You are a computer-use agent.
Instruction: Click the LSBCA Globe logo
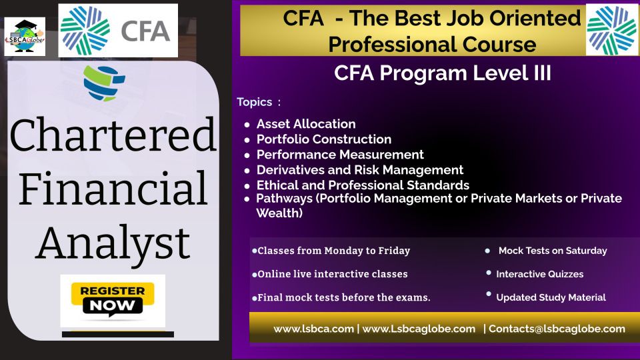(x=25, y=36)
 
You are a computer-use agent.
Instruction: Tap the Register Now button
(x=113, y=300)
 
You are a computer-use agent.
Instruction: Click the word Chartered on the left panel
(x=113, y=135)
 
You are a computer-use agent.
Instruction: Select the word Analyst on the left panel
(x=113, y=244)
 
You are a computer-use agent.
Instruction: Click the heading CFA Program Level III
(x=443, y=73)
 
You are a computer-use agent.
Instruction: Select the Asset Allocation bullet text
(x=306, y=124)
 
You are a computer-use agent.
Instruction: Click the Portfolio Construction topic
(x=324, y=139)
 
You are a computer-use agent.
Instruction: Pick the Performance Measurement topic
(x=340, y=155)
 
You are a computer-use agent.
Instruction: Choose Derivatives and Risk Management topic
(x=359, y=170)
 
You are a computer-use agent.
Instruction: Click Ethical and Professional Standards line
(x=363, y=185)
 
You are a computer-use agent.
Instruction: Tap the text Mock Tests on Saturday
(x=553, y=251)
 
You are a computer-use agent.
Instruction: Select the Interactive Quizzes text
(x=539, y=274)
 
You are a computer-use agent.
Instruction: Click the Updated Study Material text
(x=551, y=297)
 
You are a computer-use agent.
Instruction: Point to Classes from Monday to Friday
(x=333, y=251)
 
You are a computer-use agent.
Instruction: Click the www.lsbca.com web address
(x=313, y=329)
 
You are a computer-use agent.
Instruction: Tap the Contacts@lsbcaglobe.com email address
(x=557, y=329)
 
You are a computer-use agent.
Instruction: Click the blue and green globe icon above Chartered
(x=104, y=83)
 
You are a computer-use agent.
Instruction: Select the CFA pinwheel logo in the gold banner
(x=611, y=30)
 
